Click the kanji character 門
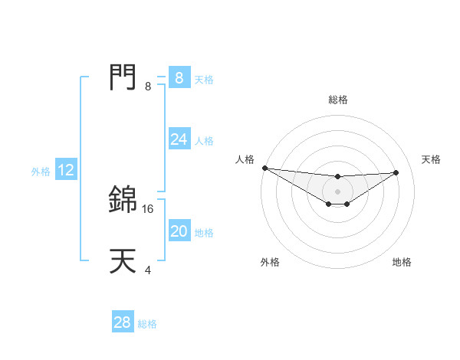click(x=123, y=77)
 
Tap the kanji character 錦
click(x=123, y=199)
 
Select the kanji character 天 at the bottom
click(x=123, y=261)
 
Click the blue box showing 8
click(x=179, y=77)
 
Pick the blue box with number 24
click(x=179, y=139)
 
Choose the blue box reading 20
click(x=179, y=231)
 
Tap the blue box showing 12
click(x=66, y=171)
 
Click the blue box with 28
click(x=123, y=322)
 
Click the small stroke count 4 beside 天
click(x=148, y=270)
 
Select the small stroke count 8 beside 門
click(x=148, y=87)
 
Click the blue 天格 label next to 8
click(x=204, y=79)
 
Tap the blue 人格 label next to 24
click(x=204, y=141)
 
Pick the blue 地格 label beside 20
click(x=204, y=233)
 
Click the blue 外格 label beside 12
click(x=41, y=172)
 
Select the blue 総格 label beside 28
click(x=147, y=324)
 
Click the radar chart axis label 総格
click(x=338, y=100)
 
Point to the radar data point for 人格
click(x=264, y=168)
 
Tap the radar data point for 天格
click(x=396, y=172)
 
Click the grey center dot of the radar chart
click(x=338, y=191)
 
